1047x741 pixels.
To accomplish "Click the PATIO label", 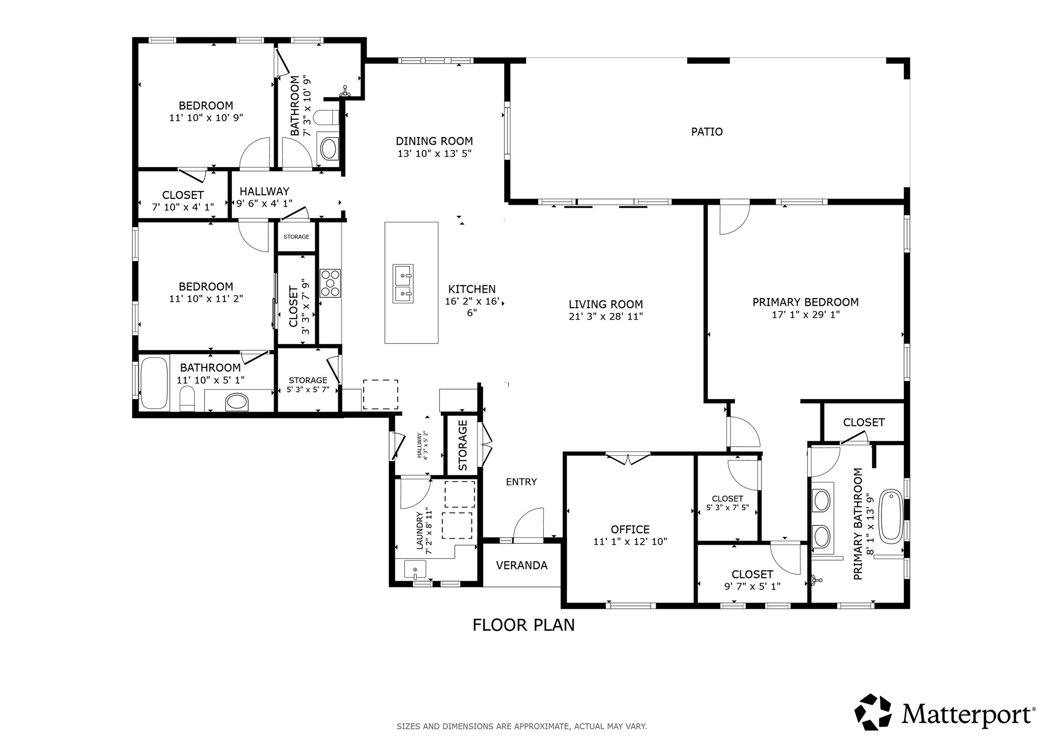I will (x=706, y=132).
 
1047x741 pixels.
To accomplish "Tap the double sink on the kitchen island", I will (x=403, y=284).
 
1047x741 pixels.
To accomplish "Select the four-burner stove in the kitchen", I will (x=330, y=283).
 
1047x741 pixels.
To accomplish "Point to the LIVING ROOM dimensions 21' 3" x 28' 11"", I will (x=605, y=317).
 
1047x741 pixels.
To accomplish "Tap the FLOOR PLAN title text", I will (x=523, y=625).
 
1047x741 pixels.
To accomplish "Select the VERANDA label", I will (x=522, y=566).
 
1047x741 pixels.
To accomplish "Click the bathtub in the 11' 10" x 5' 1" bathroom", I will (x=153, y=383).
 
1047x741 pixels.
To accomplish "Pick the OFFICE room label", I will (x=630, y=529).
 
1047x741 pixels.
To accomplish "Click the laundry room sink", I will (x=415, y=570).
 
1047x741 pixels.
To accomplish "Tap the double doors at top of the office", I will (x=628, y=459).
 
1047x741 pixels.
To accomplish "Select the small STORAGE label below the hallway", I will (x=296, y=237).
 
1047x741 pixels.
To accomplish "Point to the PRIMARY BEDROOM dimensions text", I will (x=805, y=315).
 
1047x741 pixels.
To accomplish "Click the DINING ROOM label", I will (x=434, y=141).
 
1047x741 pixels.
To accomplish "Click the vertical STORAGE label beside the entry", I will (x=462, y=445).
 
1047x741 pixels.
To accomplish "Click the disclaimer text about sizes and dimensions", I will (x=522, y=727).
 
